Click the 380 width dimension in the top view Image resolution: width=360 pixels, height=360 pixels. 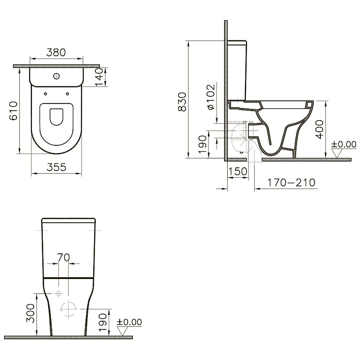[x=56, y=52]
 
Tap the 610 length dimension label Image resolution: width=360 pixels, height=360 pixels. [x=13, y=110]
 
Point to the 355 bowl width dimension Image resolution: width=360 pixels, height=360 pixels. [x=57, y=167]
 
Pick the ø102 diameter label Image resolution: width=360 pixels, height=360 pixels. [x=211, y=97]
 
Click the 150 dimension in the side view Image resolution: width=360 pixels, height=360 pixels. [x=238, y=171]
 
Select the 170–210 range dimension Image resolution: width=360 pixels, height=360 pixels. [x=292, y=183]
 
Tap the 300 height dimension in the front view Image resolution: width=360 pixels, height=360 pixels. [x=30, y=314]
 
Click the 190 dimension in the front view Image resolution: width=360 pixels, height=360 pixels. [x=103, y=321]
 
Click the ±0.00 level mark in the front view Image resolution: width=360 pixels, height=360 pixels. [x=129, y=322]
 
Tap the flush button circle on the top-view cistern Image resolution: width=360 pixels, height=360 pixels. [x=56, y=76]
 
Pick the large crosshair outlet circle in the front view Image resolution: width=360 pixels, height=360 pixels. [x=68, y=310]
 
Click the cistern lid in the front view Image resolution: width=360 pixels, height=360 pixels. [x=68, y=221]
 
